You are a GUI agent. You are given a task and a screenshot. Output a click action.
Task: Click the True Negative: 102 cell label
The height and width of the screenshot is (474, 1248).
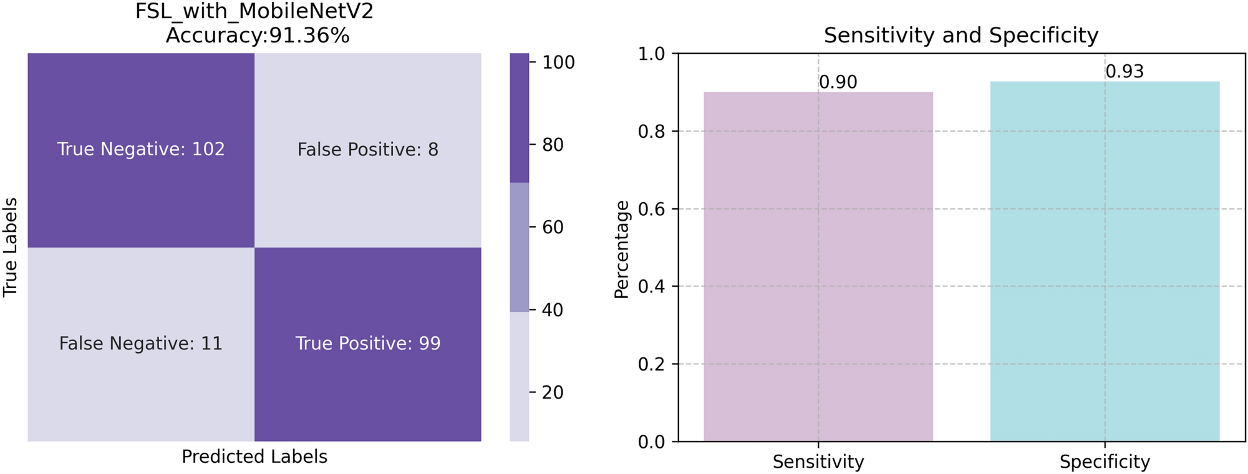pyautogui.click(x=141, y=150)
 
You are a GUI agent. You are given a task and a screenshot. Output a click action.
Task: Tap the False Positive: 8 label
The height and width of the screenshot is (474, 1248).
pyautogui.click(x=368, y=150)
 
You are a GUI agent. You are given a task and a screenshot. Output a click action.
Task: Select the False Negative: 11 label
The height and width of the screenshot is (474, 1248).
pyautogui.click(x=141, y=344)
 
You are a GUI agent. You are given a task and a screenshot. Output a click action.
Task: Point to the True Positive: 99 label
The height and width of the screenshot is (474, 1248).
pyautogui.click(x=368, y=344)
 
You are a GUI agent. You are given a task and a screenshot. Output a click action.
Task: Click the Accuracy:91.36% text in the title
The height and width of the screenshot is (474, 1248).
pyautogui.click(x=257, y=36)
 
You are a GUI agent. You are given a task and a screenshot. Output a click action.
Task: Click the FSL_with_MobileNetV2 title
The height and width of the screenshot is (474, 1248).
pyautogui.click(x=254, y=12)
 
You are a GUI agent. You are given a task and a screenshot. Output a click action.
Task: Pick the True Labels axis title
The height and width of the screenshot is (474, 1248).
pyautogui.click(x=10, y=248)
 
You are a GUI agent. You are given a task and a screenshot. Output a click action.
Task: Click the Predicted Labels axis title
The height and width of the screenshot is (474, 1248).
pyautogui.click(x=254, y=457)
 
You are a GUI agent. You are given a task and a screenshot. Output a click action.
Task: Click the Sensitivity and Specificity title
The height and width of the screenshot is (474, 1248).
pyautogui.click(x=960, y=35)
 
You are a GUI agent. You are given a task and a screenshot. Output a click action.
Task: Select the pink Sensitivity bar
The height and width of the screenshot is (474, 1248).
pyautogui.click(x=818, y=268)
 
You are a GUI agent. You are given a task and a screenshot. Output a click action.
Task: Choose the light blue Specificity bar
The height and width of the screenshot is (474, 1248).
pyautogui.click(x=1105, y=262)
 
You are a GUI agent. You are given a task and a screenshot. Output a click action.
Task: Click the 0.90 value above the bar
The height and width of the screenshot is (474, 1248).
pyautogui.click(x=838, y=82)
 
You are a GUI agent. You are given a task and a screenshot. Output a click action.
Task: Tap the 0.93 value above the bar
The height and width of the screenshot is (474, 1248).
pyautogui.click(x=1125, y=72)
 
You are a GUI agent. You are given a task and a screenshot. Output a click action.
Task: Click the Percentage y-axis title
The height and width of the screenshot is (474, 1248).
pyautogui.click(x=622, y=249)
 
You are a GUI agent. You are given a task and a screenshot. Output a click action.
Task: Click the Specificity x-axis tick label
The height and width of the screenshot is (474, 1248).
pyautogui.click(x=1105, y=462)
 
